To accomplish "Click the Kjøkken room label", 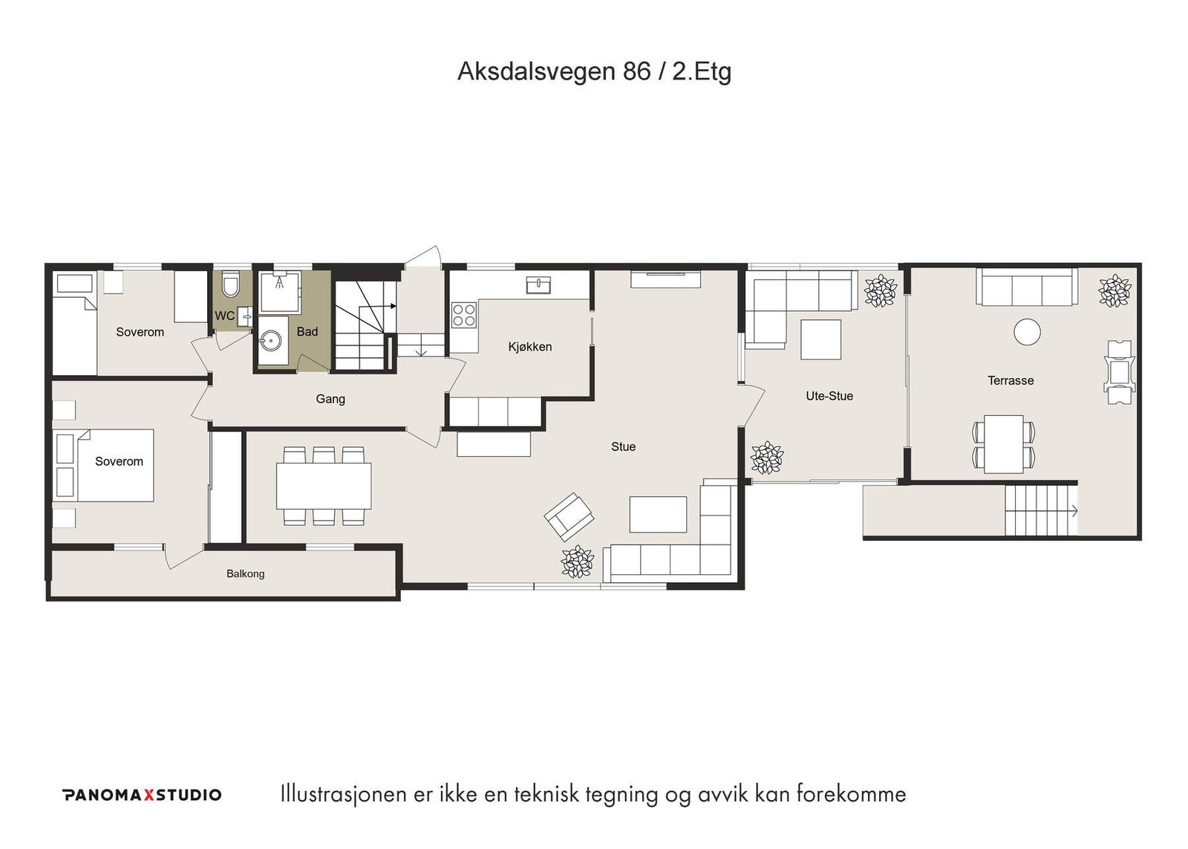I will point(529,347).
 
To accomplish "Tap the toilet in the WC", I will point(231,285).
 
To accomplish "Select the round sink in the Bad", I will point(271,342).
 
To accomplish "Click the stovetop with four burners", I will point(464,315).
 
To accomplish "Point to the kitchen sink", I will point(538,284).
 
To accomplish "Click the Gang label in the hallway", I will point(330,399).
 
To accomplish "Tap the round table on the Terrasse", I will point(1027,332).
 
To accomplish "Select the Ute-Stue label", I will point(829,396).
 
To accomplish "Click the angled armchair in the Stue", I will point(569,516).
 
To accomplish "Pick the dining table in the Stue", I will point(324,486).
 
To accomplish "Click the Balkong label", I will point(245,573).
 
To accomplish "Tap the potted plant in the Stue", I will point(577,562).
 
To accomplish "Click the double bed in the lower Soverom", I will point(104,465).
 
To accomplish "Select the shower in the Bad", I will point(279,292).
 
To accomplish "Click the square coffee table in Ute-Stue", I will point(820,339).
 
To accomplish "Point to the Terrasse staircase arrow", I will point(1073,510).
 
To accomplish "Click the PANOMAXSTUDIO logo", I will point(142,795).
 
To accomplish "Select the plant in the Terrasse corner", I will point(1114,290).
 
